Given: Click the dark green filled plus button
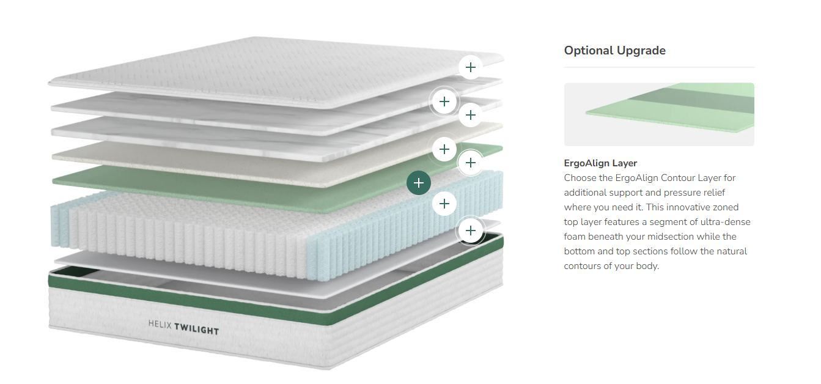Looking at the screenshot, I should (x=419, y=183).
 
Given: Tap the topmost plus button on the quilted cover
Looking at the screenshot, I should (x=470, y=67).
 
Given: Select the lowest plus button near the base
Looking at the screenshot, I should (x=470, y=231).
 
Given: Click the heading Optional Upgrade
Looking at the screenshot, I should (x=614, y=51).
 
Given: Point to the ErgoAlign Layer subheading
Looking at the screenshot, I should (x=600, y=163).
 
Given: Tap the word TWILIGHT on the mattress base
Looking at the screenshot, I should (x=196, y=330).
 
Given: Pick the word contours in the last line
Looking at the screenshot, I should (x=583, y=266).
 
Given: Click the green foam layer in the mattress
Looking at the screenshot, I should (x=183, y=183).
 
